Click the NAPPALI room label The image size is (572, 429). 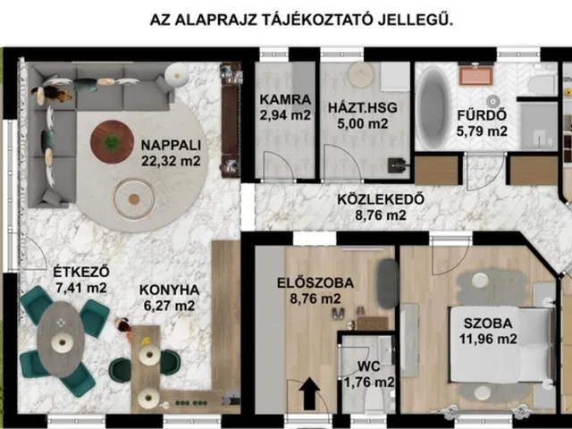coord(169,146)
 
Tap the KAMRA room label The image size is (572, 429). coord(286,98)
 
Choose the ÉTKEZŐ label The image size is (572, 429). coord(67,271)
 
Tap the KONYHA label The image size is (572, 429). coord(170,289)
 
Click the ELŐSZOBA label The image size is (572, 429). coord(315,282)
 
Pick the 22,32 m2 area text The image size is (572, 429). coord(169,162)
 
